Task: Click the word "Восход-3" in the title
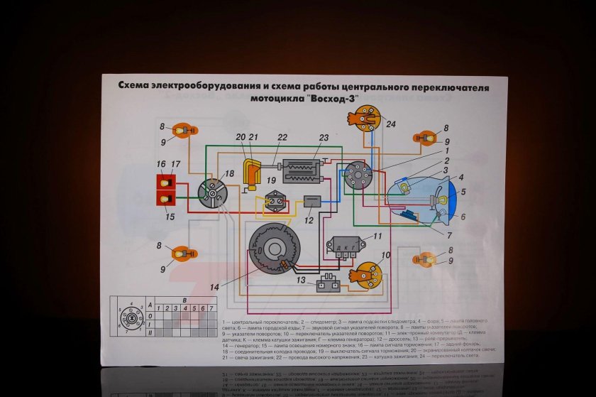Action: [x=330, y=99]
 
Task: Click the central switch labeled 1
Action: [x=357, y=175]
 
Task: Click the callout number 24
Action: [x=392, y=124]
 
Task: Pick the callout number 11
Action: [x=377, y=236]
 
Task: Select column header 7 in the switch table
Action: [x=211, y=308]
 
